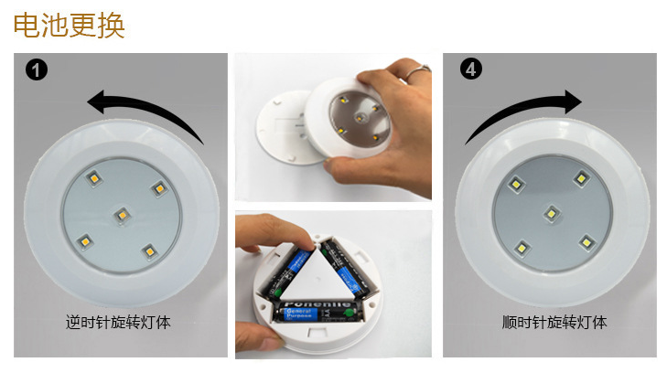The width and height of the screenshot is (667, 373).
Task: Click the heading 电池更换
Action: [x=70, y=25]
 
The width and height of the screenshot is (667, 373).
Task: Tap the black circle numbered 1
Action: [x=37, y=69]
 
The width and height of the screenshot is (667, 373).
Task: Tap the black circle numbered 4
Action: [x=470, y=69]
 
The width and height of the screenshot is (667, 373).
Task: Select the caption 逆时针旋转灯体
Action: [x=119, y=323]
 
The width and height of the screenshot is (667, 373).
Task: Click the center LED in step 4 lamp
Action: [x=551, y=214]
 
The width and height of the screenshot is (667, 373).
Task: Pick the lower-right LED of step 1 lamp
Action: [x=146, y=250]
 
